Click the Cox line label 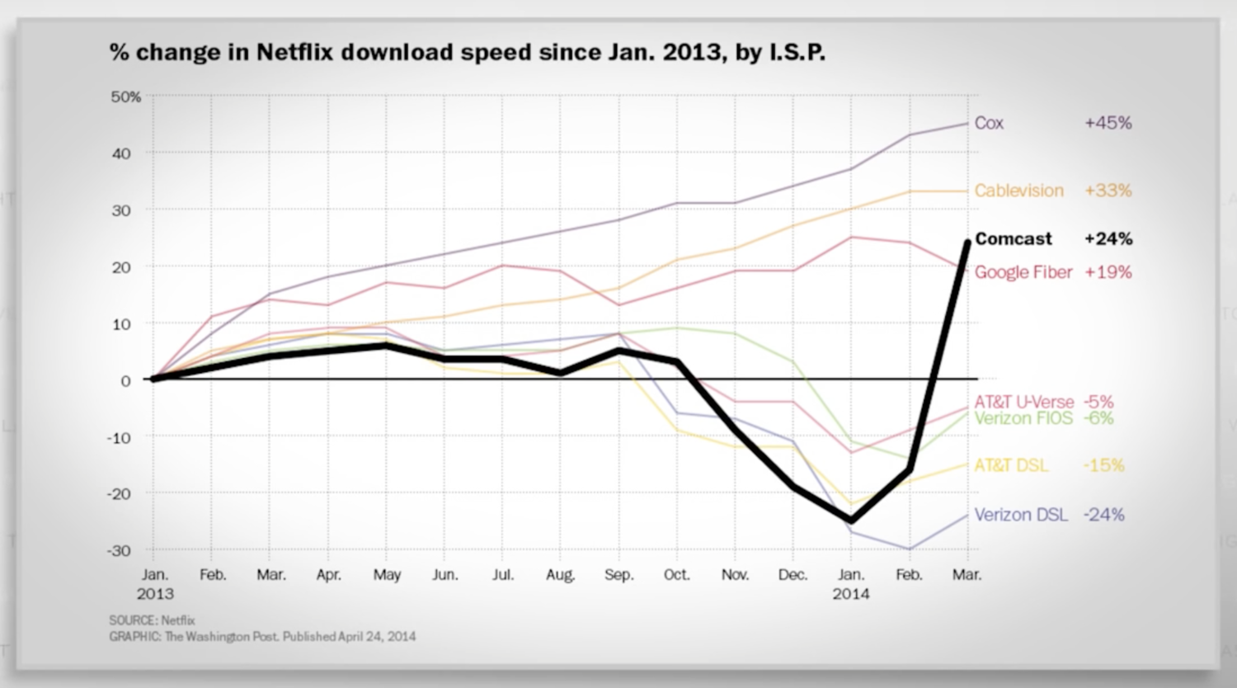[x=989, y=123]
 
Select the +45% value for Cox [x=1108, y=123]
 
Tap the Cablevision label [x=1018, y=191]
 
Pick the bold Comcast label [x=1014, y=239]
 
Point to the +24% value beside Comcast [x=1108, y=239]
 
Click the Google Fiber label [x=1023, y=272]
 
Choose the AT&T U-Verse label [x=1023, y=402]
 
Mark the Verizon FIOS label [x=1023, y=418]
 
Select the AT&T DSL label [x=1011, y=465]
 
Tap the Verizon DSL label [x=1020, y=515]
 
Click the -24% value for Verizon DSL [x=1103, y=515]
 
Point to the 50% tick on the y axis [x=126, y=97]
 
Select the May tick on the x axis [x=387, y=575]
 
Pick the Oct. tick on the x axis [x=676, y=575]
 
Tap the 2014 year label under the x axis [x=850, y=594]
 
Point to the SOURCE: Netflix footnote [x=152, y=620]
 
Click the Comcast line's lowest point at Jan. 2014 [x=851, y=521]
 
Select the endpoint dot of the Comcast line [x=967, y=242]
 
